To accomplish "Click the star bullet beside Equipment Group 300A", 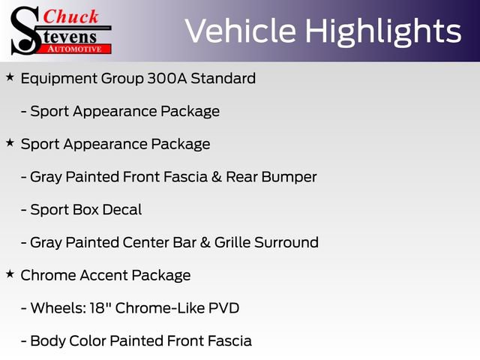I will pos(10,77).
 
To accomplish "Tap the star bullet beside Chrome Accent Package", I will pos(10,274).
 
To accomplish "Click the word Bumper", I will pos(290,177).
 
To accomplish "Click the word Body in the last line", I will pos(46,341).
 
